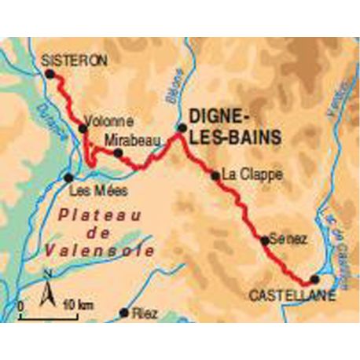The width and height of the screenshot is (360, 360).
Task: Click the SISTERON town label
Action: [x=74, y=60]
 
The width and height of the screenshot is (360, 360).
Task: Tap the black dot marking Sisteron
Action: [x=50, y=74]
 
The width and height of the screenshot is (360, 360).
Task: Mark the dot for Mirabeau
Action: [x=119, y=152]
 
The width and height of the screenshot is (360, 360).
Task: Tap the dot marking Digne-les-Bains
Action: [x=181, y=127]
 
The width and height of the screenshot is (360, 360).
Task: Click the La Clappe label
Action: [x=251, y=174]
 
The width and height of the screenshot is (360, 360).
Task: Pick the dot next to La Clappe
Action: [x=215, y=175]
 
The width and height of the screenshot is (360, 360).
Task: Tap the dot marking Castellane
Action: [x=315, y=279]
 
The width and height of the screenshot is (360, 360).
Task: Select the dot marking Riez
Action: [x=123, y=313]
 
